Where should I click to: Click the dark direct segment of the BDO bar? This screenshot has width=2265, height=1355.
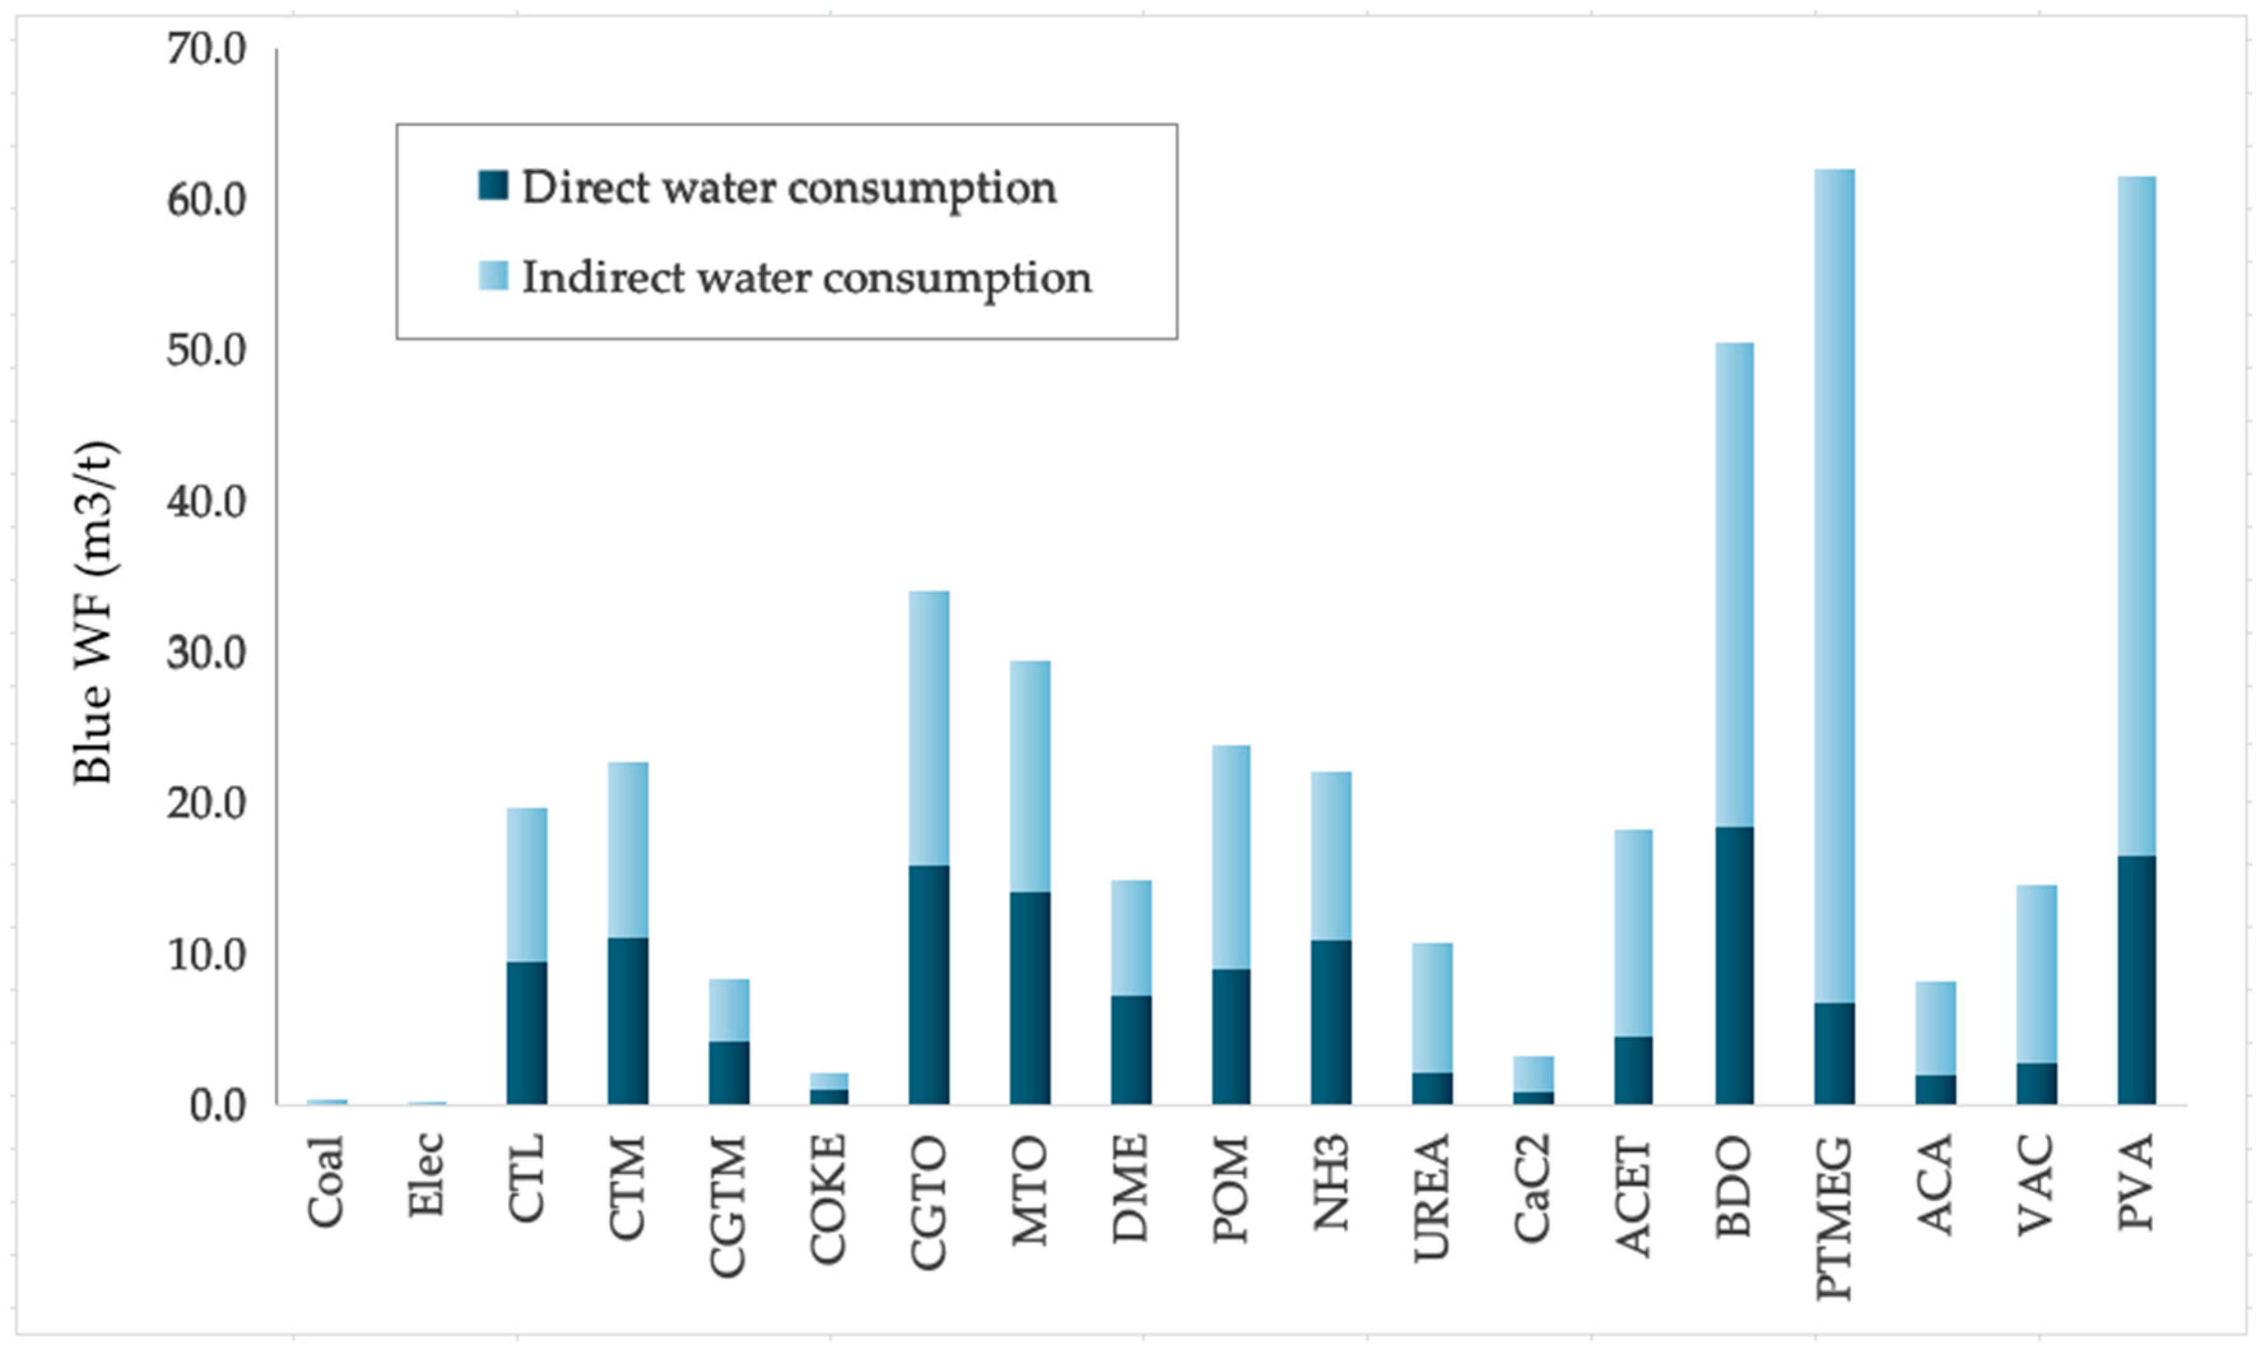pos(1734,965)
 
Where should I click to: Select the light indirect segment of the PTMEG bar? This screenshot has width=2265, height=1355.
pos(1834,585)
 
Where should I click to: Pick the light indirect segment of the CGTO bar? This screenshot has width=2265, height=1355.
pos(928,728)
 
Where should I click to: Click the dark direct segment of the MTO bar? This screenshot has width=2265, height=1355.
pos(1030,997)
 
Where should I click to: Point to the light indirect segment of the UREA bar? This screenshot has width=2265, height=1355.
pos(1431,1007)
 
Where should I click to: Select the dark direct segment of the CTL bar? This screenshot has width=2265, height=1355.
pos(527,1033)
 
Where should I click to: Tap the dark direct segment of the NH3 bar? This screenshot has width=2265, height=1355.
pos(1331,1022)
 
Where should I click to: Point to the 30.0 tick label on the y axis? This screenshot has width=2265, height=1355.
pos(206,653)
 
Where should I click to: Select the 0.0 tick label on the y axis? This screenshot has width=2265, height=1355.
pos(217,1106)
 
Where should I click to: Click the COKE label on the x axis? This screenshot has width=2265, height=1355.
pos(828,1199)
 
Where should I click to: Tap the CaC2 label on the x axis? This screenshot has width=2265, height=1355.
pos(1532,1188)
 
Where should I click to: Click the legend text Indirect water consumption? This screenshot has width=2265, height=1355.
pos(806,278)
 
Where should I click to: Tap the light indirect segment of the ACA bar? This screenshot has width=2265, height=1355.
pos(1935,1028)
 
